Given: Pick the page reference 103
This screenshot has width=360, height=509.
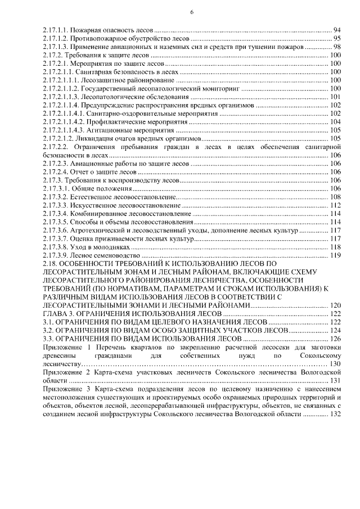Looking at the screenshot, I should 335,114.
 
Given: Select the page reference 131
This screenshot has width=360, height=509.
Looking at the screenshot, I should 335,381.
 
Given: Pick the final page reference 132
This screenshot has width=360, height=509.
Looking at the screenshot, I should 335,415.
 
